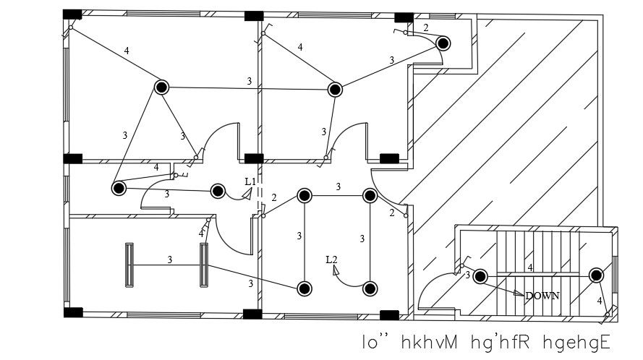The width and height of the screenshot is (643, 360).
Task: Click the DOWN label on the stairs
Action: coord(542,296)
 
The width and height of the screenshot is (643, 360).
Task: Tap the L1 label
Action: coord(250,181)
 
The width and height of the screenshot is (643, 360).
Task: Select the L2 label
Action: coord(332,260)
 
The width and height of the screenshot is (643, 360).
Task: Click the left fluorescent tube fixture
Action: coord(130,265)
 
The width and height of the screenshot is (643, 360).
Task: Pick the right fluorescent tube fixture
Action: coord(204,265)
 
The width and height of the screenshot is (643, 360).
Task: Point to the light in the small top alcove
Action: coord(443,43)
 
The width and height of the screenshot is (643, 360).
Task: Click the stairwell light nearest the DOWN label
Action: coord(480,276)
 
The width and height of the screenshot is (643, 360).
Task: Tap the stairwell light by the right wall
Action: coord(596,275)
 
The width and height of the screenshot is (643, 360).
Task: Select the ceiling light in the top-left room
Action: coord(161,87)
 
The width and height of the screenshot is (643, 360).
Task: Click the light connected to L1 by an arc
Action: coord(217,191)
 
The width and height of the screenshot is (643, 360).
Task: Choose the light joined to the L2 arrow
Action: coord(370,288)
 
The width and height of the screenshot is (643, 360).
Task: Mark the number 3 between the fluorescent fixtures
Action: coord(169,259)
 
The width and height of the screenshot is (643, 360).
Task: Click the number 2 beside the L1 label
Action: coord(273,197)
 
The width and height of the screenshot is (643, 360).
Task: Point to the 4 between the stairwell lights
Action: coord(530,267)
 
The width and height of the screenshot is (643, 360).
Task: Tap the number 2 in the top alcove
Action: coord(426,28)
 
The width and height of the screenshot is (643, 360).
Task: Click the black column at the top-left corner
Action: coord(72,14)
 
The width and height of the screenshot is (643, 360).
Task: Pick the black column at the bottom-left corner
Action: coord(72,312)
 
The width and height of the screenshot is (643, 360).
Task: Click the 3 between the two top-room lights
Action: coord(250,81)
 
